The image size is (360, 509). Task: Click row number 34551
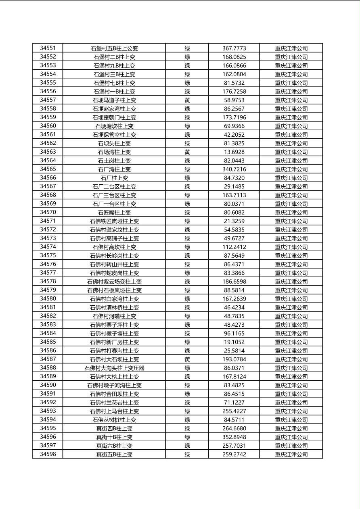(x=48, y=48)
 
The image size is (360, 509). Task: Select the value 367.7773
(x=234, y=48)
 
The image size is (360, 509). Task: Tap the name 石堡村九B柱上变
(x=114, y=66)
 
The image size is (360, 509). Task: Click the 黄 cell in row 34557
(x=187, y=100)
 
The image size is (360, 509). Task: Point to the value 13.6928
(x=234, y=152)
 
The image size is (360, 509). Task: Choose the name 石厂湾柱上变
(x=114, y=169)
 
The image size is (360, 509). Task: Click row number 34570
(x=48, y=212)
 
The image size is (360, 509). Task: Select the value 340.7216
(x=234, y=169)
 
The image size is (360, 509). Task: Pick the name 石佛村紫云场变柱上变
(x=114, y=282)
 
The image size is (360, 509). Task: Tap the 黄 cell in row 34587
(x=187, y=359)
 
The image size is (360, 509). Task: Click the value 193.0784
(x=234, y=359)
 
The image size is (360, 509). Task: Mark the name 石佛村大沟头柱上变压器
(x=114, y=368)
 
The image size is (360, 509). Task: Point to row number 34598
(x=48, y=454)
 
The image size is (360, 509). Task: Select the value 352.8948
(x=234, y=437)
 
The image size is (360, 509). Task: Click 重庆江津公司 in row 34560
(x=291, y=126)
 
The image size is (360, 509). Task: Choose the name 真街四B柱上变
(x=114, y=428)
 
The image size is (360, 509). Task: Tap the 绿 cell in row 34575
(x=187, y=256)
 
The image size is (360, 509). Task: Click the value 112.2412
(x=234, y=247)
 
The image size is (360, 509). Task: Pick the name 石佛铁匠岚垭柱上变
(x=114, y=221)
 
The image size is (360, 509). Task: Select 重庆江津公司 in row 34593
(x=291, y=411)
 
